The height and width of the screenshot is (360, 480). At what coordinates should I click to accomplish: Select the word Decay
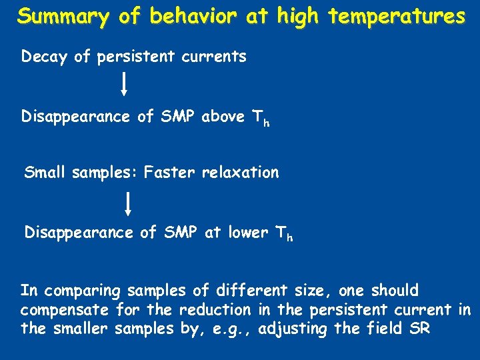[45, 57]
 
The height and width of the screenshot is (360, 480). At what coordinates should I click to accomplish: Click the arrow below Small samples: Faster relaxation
[127, 203]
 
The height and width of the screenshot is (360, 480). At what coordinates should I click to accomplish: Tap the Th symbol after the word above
[260, 119]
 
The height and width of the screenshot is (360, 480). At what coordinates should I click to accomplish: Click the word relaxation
[241, 173]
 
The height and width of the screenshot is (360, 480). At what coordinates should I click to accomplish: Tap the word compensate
[65, 310]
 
